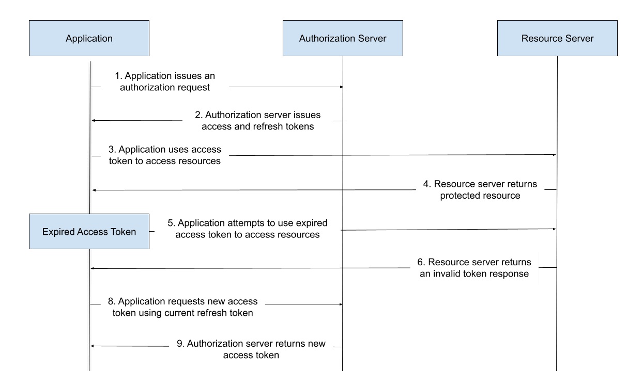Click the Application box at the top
pyautogui.click(x=89, y=38)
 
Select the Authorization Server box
pyautogui.click(x=343, y=38)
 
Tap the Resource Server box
pyautogui.click(x=557, y=38)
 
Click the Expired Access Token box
pyautogui.click(x=89, y=231)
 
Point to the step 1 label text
pyautogui.click(x=165, y=82)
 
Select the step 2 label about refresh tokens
pyautogui.click(x=257, y=121)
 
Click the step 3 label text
pyautogui.click(x=165, y=155)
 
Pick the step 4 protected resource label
pyautogui.click(x=480, y=190)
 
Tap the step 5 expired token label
pyautogui.click(x=248, y=229)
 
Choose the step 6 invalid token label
pyautogui.click(x=474, y=268)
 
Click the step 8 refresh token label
pyautogui.click(x=183, y=307)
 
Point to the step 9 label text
pyautogui.click(x=251, y=349)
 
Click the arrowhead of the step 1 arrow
pyautogui.click(x=342, y=87)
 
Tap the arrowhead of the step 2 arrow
pyautogui.click(x=94, y=121)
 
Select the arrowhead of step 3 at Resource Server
pyautogui.click(x=555, y=155)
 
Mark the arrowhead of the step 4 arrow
pyautogui.click(x=94, y=190)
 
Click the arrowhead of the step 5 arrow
pyautogui.click(x=555, y=229)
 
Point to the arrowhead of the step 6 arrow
pyautogui.click(x=92, y=269)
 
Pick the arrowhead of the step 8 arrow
pyautogui.click(x=341, y=304)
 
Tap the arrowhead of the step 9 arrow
pyautogui.click(x=92, y=346)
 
